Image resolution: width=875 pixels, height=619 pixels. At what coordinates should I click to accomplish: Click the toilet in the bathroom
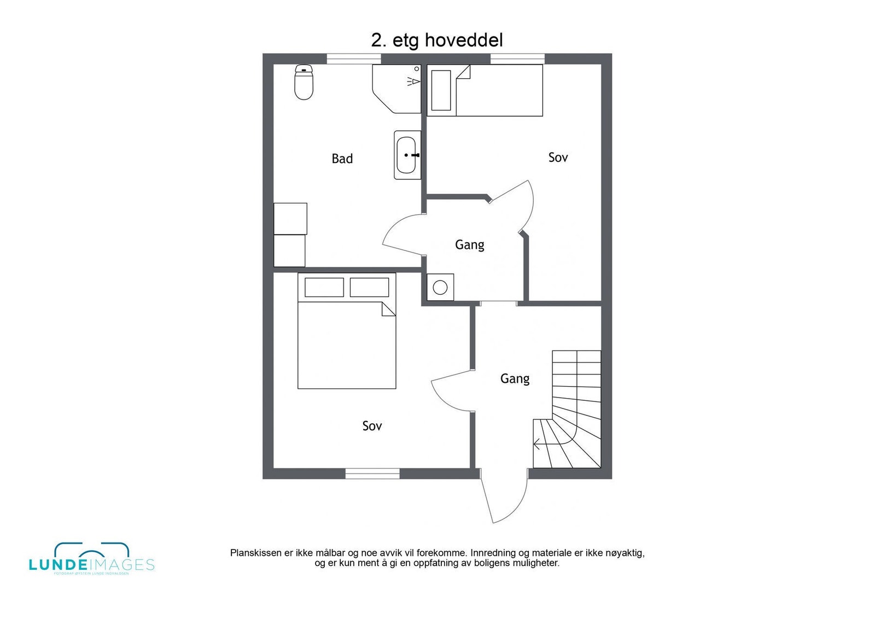304,83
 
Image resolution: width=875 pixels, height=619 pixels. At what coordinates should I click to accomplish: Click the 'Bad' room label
342,159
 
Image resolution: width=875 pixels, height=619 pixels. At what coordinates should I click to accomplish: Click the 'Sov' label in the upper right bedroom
558,157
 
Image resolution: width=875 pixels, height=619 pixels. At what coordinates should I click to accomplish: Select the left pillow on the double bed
324,288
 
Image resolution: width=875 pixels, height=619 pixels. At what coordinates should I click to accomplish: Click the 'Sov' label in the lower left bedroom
372,425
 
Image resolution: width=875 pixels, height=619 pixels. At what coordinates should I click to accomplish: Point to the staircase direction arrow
538,444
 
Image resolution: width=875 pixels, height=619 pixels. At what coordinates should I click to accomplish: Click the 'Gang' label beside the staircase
515,378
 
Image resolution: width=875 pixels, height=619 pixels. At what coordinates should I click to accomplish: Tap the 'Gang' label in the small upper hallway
469,244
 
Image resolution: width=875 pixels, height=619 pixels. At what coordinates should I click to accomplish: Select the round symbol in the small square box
440,287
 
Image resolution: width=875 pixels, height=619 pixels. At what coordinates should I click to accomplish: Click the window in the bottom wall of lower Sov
372,474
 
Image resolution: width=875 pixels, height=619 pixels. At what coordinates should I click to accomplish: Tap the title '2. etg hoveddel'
437,40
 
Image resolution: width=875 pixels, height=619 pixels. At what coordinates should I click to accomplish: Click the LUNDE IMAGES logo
92,559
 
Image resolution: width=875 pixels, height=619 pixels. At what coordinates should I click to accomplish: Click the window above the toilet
353,59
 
